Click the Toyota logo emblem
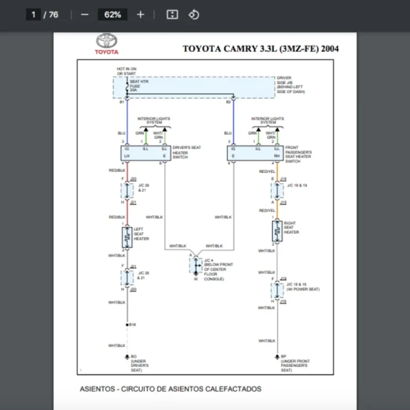[106, 41]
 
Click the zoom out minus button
[85, 14]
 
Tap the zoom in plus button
[140, 14]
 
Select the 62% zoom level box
[113, 14]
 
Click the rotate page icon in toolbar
[193, 14]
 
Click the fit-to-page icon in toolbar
[172, 14]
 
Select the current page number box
[33, 14]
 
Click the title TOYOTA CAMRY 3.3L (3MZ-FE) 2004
[260, 49]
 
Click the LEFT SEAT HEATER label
[141, 234]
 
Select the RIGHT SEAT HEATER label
[291, 228]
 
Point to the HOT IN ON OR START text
[126, 71]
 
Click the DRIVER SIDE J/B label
[290, 85]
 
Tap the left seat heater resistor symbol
[126, 237]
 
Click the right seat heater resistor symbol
[275, 230]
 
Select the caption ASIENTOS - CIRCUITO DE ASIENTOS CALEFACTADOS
[170, 389]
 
